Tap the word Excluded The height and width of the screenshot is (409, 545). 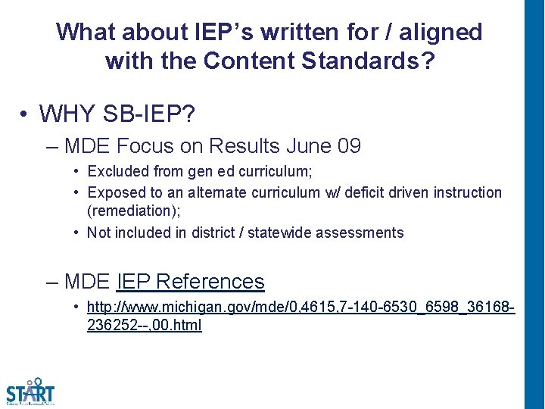pyautogui.click(x=117, y=172)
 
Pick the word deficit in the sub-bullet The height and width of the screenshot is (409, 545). pyautogui.click(x=364, y=192)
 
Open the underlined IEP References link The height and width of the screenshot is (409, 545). pyautogui.click(x=191, y=282)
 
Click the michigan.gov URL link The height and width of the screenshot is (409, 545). pyautogui.click(x=301, y=308)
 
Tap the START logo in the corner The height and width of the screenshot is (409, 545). pyautogui.click(x=30, y=392)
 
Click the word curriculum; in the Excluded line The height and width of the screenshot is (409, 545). pyautogui.click(x=251, y=172)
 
